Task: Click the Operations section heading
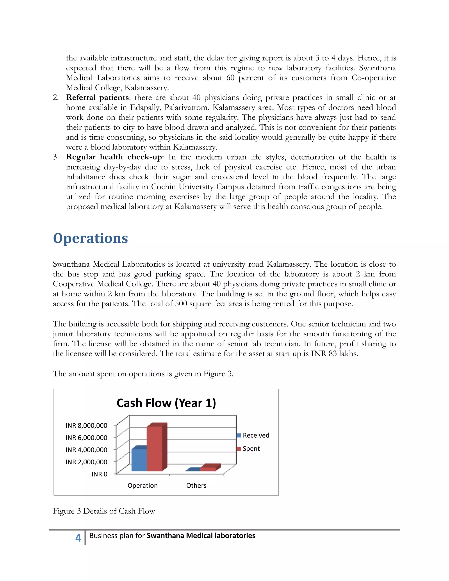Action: coord(91,238)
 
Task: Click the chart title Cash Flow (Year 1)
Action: coord(166,403)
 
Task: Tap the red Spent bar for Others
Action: coord(208,469)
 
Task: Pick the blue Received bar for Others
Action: coord(193,470)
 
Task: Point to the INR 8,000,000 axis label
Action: coord(86,426)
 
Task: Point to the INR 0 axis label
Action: coord(99,474)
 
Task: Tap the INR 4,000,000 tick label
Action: coord(86,450)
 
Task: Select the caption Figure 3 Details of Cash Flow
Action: coord(104,511)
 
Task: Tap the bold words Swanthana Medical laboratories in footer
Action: coord(201,536)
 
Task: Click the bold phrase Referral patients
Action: coord(97,98)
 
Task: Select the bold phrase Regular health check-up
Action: coord(114,157)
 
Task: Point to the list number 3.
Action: coord(55,157)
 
